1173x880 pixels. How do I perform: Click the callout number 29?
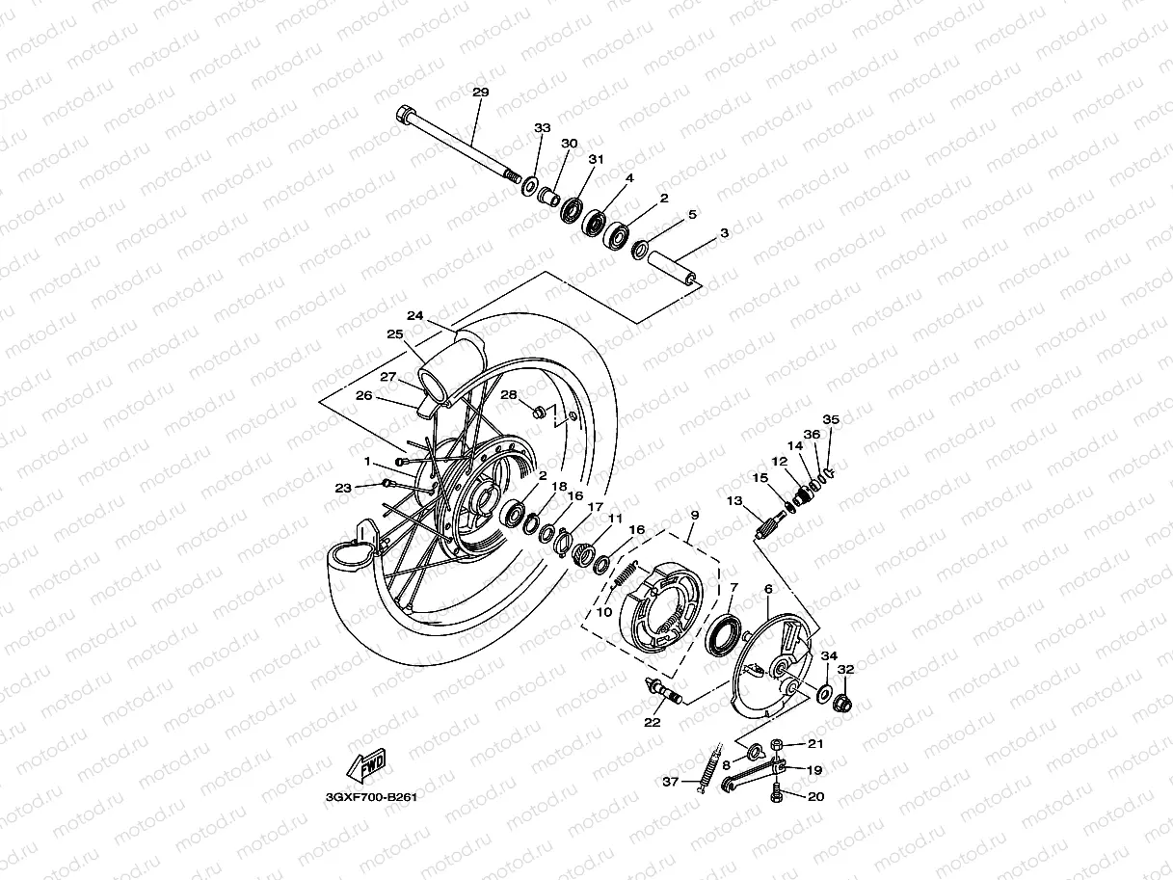click(480, 93)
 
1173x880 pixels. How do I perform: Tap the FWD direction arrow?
click(366, 765)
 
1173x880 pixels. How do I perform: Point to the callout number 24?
click(415, 315)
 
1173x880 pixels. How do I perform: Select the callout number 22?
click(653, 722)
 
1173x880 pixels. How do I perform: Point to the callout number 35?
click(830, 419)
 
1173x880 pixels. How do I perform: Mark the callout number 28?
click(508, 395)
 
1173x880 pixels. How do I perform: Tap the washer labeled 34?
click(824, 691)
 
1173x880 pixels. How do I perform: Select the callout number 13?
click(734, 500)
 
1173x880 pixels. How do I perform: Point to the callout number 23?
click(342, 488)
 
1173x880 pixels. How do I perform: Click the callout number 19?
click(814, 770)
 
